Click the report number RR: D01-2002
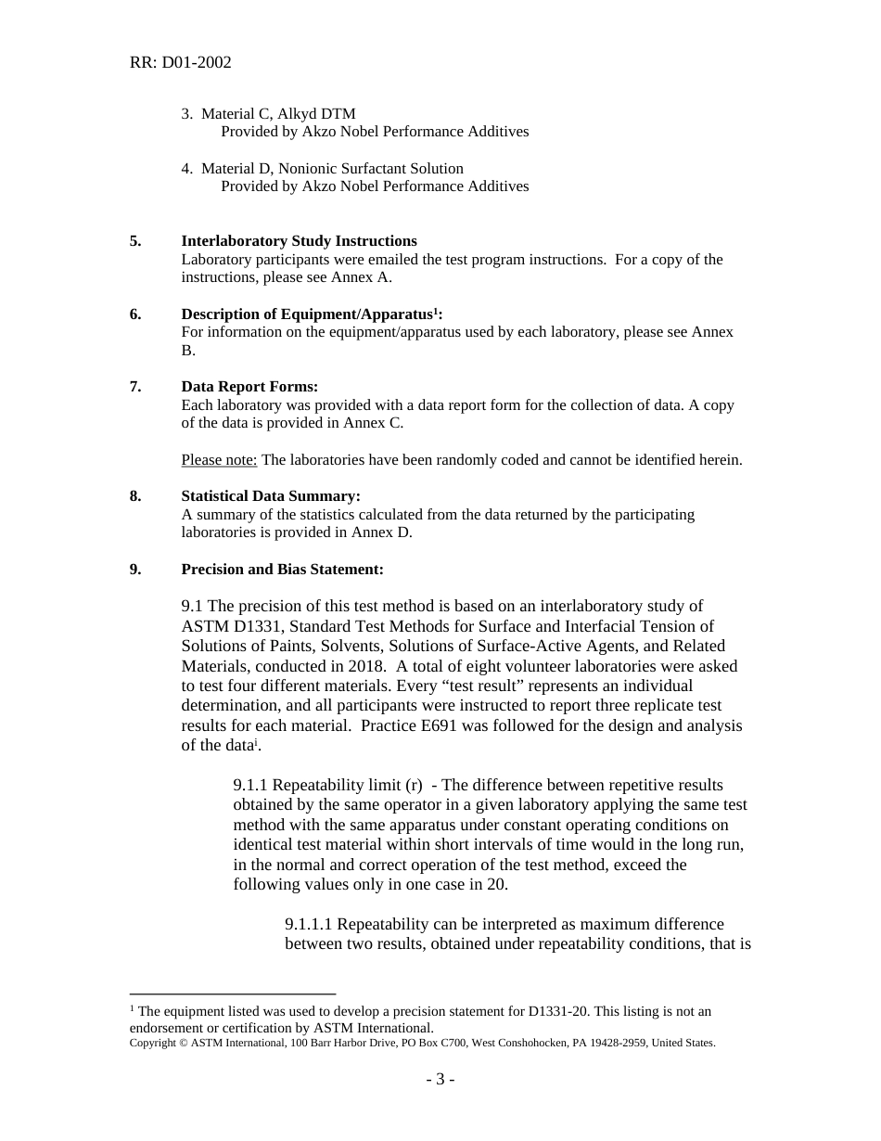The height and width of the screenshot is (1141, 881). (x=180, y=63)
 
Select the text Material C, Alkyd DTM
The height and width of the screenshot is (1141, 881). (x=278, y=114)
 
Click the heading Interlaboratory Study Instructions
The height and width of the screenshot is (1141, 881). (x=299, y=241)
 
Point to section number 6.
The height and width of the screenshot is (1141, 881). (x=135, y=314)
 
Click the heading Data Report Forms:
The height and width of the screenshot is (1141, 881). (x=249, y=387)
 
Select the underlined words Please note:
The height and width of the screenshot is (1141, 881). (x=219, y=460)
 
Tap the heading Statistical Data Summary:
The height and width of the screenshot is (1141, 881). (x=270, y=496)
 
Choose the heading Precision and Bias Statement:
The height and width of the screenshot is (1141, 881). (x=282, y=570)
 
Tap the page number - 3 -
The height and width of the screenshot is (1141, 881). (x=440, y=1079)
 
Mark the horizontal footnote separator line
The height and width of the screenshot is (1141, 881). (x=232, y=994)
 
